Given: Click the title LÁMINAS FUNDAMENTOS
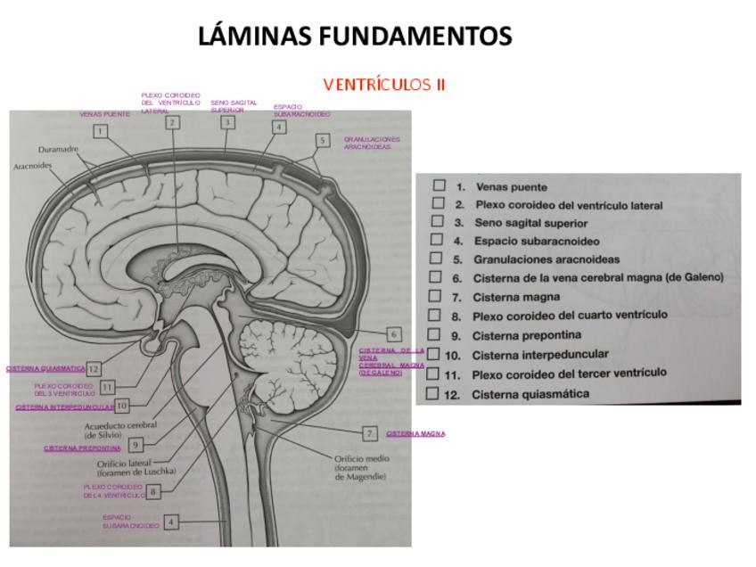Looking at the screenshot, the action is click(355, 37).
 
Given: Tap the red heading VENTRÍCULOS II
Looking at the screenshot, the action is click(384, 85).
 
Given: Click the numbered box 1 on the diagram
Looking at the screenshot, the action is click(101, 131).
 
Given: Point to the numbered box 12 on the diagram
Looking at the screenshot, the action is click(94, 367).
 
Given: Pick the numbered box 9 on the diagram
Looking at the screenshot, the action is click(136, 444).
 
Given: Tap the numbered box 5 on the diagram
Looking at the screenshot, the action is click(322, 140).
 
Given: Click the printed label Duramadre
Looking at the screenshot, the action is click(58, 151).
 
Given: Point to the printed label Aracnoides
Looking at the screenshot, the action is click(33, 166).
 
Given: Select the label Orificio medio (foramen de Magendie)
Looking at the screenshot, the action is click(361, 467).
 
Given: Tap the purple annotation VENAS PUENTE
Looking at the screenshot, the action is click(104, 114).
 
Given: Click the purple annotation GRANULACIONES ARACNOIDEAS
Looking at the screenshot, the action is click(372, 143).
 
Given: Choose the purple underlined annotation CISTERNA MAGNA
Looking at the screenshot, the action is click(415, 434).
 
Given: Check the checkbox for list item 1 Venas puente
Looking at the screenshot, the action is click(439, 185).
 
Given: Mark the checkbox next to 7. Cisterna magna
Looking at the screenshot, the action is click(435, 295).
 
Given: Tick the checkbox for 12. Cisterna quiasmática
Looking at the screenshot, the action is click(432, 393).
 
